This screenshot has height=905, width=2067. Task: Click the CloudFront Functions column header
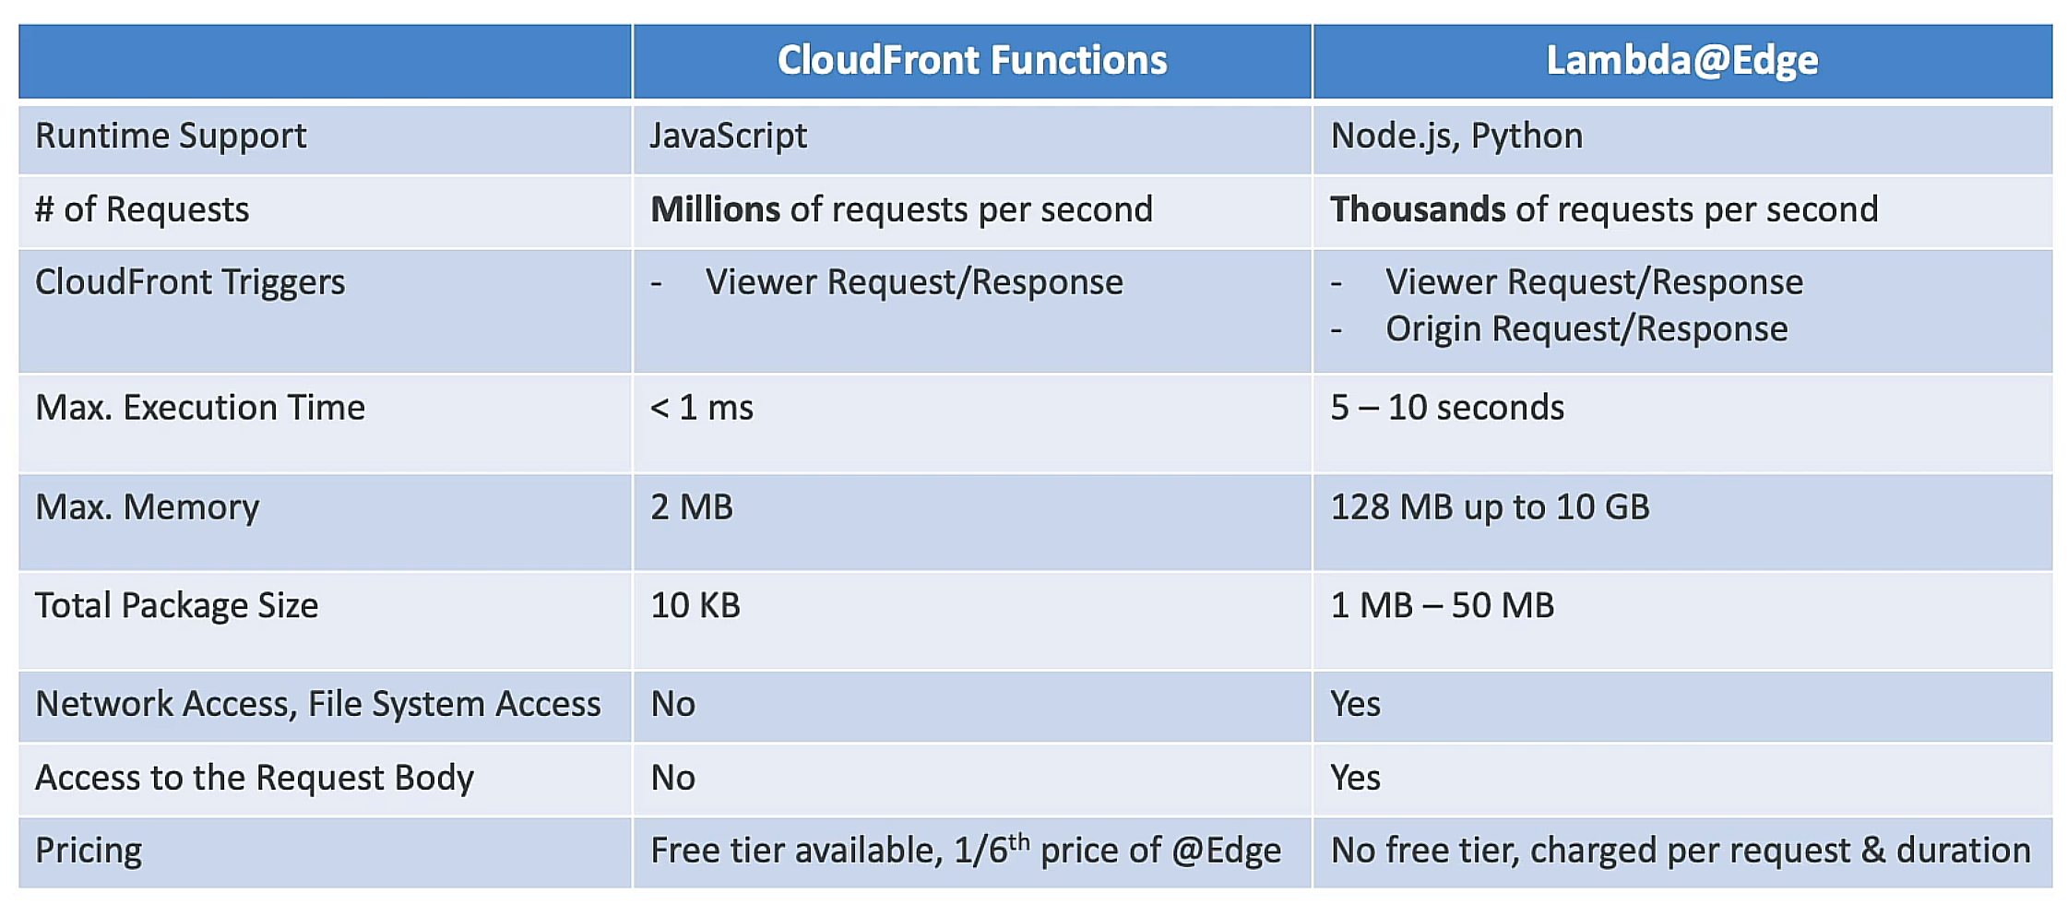point(971,61)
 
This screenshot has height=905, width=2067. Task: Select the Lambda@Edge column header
point(1681,61)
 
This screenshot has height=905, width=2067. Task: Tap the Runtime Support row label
point(171,137)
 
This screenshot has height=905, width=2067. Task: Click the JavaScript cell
point(728,137)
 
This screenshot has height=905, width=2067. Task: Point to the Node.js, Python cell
point(1455,137)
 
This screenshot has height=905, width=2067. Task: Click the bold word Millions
point(715,210)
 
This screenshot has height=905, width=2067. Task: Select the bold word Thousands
point(1417,210)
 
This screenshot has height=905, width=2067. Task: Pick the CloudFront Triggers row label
point(190,282)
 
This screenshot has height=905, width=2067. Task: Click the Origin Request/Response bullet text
point(1586,329)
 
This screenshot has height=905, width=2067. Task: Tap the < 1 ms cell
point(701,408)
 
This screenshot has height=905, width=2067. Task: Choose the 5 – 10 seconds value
point(1446,408)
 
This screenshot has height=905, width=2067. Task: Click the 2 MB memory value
point(691,507)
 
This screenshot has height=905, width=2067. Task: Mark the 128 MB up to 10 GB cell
point(1489,507)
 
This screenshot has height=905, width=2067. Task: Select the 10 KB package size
point(695,606)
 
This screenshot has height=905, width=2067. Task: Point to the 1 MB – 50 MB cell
point(1442,606)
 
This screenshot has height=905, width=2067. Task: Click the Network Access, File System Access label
point(317,705)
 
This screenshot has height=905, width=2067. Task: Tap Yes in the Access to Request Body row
point(1355,779)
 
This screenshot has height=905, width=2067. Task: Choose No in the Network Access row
point(672,705)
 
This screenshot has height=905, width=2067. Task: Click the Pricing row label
point(89,851)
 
